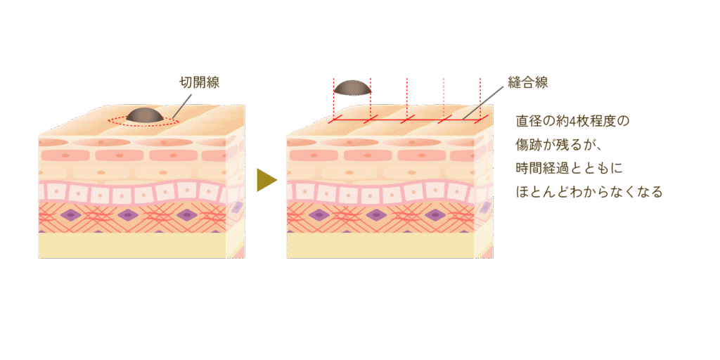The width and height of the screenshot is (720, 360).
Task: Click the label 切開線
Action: pyautogui.click(x=200, y=83)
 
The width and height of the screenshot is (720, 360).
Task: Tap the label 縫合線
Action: pyautogui.click(x=527, y=83)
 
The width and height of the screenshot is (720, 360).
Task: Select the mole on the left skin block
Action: pyautogui.click(x=146, y=115)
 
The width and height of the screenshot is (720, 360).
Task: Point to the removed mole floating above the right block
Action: pyautogui.click(x=352, y=87)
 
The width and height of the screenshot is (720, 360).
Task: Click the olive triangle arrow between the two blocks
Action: pyautogui.click(x=265, y=180)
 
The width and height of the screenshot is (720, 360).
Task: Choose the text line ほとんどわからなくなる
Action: pyautogui.click(x=589, y=191)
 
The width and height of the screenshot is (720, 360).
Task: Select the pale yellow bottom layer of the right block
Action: pyautogui.click(x=380, y=245)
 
